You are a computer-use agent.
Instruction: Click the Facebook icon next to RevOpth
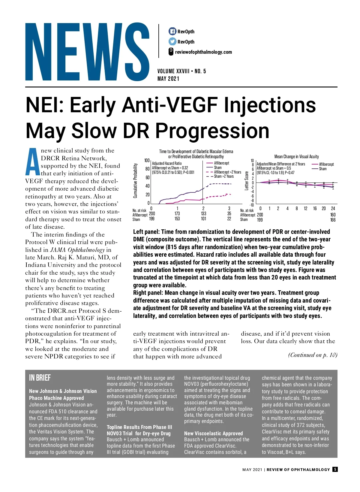172,31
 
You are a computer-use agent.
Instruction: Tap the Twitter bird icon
172,41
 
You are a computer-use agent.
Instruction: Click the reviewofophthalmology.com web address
203,52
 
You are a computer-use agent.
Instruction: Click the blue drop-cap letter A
32,162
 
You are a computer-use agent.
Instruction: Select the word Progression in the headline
212,131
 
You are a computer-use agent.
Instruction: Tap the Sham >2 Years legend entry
223,177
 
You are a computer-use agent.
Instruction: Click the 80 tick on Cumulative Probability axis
148,169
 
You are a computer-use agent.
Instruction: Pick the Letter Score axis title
247,181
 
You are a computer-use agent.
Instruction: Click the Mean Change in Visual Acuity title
296,156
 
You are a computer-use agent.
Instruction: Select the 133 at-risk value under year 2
203,214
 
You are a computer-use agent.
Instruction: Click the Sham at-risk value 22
229,219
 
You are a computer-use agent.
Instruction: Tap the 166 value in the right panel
333,220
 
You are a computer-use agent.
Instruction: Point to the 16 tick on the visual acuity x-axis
315,209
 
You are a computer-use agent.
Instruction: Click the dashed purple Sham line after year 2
220,184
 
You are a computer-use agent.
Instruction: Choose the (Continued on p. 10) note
313,355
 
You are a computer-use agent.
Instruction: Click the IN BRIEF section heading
40,378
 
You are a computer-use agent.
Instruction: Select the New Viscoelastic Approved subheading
213,433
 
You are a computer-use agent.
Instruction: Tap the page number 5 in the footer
335,469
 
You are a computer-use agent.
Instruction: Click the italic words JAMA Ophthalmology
77,250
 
